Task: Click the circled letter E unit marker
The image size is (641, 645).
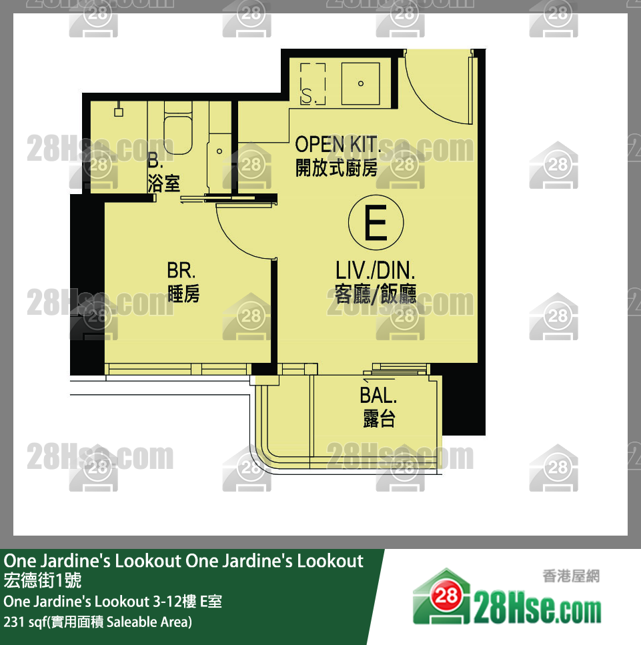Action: [x=376, y=222]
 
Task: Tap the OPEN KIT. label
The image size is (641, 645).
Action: [x=337, y=144]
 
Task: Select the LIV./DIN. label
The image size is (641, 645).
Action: [x=376, y=271]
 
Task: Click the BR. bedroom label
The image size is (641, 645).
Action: [x=181, y=271]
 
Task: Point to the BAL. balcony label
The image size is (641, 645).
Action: [x=378, y=396]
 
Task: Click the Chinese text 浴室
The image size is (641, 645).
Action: [x=163, y=183]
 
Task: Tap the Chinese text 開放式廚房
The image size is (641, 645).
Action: [x=337, y=167]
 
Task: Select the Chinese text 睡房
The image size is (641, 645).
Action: [x=183, y=293]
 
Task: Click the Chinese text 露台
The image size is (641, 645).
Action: [x=379, y=419]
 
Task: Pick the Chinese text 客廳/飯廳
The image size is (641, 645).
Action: [x=376, y=293]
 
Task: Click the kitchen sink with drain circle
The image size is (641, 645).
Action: [x=360, y=83]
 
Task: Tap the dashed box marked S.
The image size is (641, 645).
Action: [x=313, y=84]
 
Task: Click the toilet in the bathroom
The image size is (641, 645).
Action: [x=177, y=129]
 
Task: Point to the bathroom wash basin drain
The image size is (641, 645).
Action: [x=219, y=151]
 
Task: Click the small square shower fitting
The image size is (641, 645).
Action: [x=119, y=112]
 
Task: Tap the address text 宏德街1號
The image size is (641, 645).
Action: [x=43, y=580]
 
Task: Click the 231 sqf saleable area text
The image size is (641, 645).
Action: [x=97, y=622]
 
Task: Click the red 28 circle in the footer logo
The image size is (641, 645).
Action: [x=447, y=595]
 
